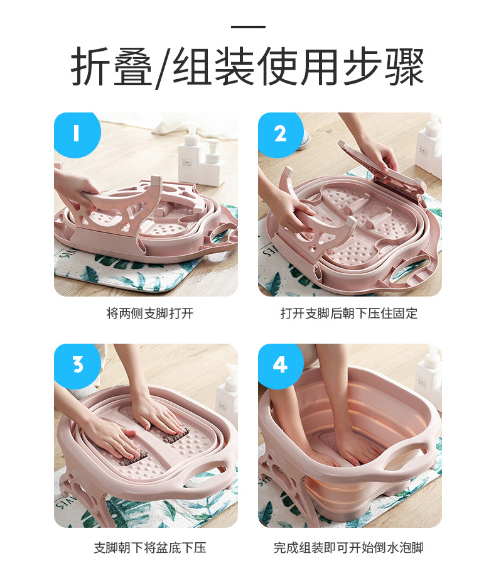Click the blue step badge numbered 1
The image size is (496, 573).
click(76, 133)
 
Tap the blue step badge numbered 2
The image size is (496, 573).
click(279, 133)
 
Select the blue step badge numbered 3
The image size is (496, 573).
click(77, 364)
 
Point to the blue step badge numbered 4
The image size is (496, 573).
click(280, 364)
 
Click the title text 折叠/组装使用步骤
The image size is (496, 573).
click(247, 67)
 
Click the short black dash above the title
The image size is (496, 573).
click(248, 27)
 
